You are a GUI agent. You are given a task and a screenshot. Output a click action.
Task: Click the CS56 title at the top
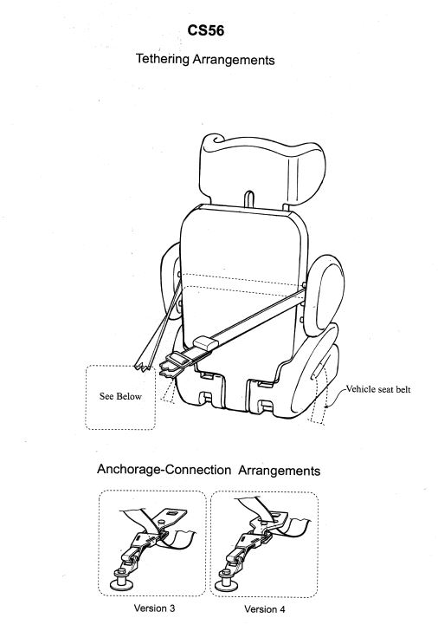[205, 30]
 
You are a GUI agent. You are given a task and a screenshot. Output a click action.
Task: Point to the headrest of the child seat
[262, 170]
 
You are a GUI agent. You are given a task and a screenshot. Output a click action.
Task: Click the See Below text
[120, 396]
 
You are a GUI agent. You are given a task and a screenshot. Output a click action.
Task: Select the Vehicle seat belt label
[378, 389]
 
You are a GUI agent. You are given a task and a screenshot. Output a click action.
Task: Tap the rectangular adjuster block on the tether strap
[206, 344]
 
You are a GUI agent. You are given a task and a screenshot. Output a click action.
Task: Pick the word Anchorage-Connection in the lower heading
[164, 470]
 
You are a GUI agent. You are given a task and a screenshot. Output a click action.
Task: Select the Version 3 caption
[154, 608]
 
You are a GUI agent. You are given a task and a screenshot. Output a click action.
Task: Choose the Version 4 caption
[264, 608]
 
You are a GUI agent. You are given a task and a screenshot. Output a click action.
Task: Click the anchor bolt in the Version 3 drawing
[121, 578]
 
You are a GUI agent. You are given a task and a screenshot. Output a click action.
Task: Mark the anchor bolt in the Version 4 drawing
[225, 580]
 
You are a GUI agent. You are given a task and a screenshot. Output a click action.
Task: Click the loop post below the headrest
[249, 198]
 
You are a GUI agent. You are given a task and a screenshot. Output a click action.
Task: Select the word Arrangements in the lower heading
[280, 471]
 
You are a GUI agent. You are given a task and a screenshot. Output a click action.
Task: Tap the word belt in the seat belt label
[403, 389]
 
